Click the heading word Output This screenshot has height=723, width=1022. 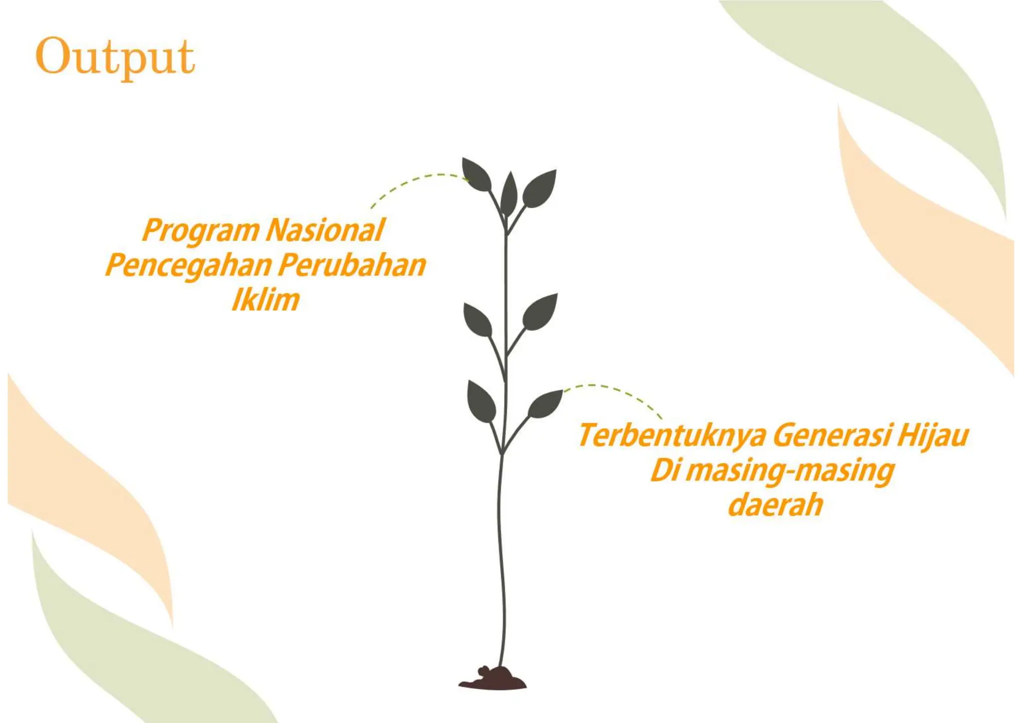coord(115,57)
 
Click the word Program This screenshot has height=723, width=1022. coord(201,230)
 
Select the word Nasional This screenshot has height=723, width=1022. coord(325,230)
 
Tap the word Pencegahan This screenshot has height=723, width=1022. coord(188,265)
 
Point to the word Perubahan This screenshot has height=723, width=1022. coord(352,265)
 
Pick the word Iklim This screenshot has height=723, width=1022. coord(265,300)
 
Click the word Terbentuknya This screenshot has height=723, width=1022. coord(672,435)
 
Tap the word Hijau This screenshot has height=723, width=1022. coord(932,435)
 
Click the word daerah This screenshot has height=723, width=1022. coord(775,505)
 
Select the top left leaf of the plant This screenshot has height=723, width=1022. coord(476,175)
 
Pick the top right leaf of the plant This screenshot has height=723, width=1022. coord(540,188)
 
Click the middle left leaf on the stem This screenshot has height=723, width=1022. coord(478,320)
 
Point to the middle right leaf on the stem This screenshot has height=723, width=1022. coord(540,312)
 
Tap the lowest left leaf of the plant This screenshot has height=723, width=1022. coord(481,401)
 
